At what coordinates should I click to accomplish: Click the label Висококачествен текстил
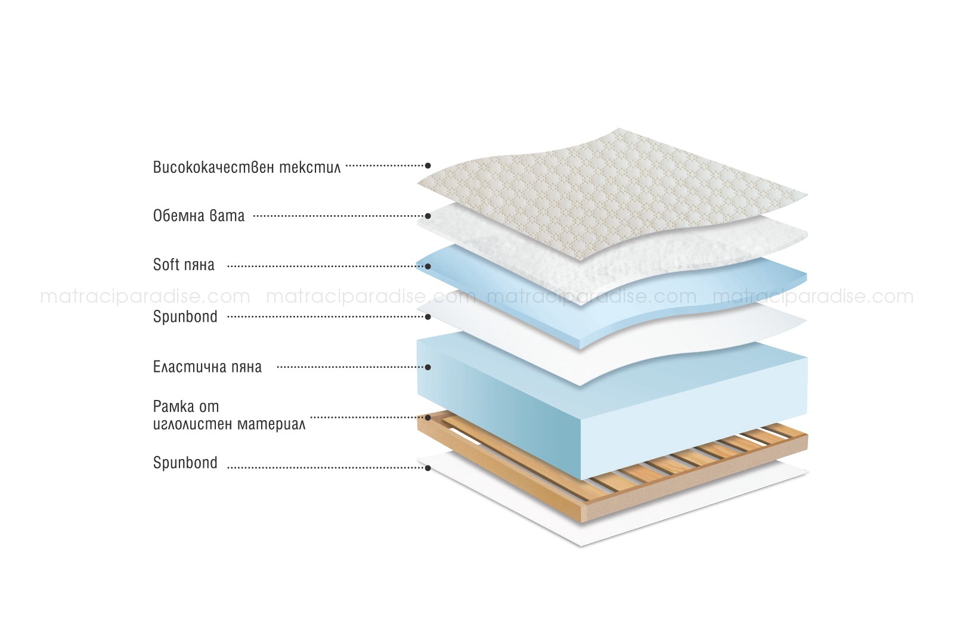(x=247, y=166)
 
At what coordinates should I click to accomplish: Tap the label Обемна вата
(x=199, y=215)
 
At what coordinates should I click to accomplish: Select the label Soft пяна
(x=184, y=265)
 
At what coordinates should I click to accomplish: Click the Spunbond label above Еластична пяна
(x=185, y=317)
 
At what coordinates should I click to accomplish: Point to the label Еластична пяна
(x=207, y=367)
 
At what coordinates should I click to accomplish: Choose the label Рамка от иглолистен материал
(x=229, y=415)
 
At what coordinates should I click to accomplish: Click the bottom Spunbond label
(x=185, y=463)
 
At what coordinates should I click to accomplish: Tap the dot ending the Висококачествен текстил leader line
(x=428, y=166)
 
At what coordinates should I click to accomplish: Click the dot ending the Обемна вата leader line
(x=428, y=216)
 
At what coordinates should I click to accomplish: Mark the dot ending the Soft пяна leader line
(x=428, y=266)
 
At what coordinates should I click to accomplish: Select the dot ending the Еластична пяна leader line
(x=428, y=367)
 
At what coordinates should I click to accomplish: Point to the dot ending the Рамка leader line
(x=428, y=417)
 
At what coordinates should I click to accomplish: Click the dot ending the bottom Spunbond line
(x=428, y=468)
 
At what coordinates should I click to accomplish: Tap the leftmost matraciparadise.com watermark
(x=145, y=296)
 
